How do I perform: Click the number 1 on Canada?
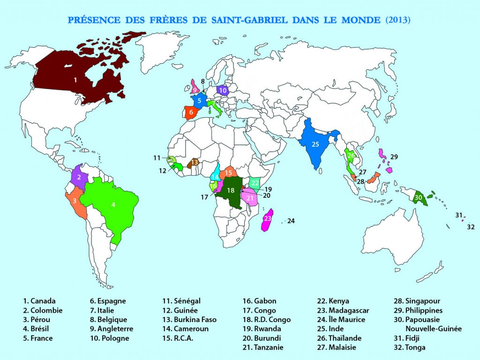[75, 80]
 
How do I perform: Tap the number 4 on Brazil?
[113, 204]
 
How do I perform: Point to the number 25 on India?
[315, 144]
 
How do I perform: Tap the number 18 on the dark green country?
[230, 190]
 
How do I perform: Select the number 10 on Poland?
[223, 90]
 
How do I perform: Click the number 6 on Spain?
[191, 112]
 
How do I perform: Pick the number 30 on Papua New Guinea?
[418, 198]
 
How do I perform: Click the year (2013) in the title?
[398, 20]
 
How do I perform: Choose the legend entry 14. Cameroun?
[186, 329]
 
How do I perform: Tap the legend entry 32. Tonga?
[411, 348]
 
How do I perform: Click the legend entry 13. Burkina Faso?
[189, 320]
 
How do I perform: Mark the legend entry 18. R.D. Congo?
[266, 320]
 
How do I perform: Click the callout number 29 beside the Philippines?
[394, 156]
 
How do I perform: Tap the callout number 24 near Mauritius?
[291, 221]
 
